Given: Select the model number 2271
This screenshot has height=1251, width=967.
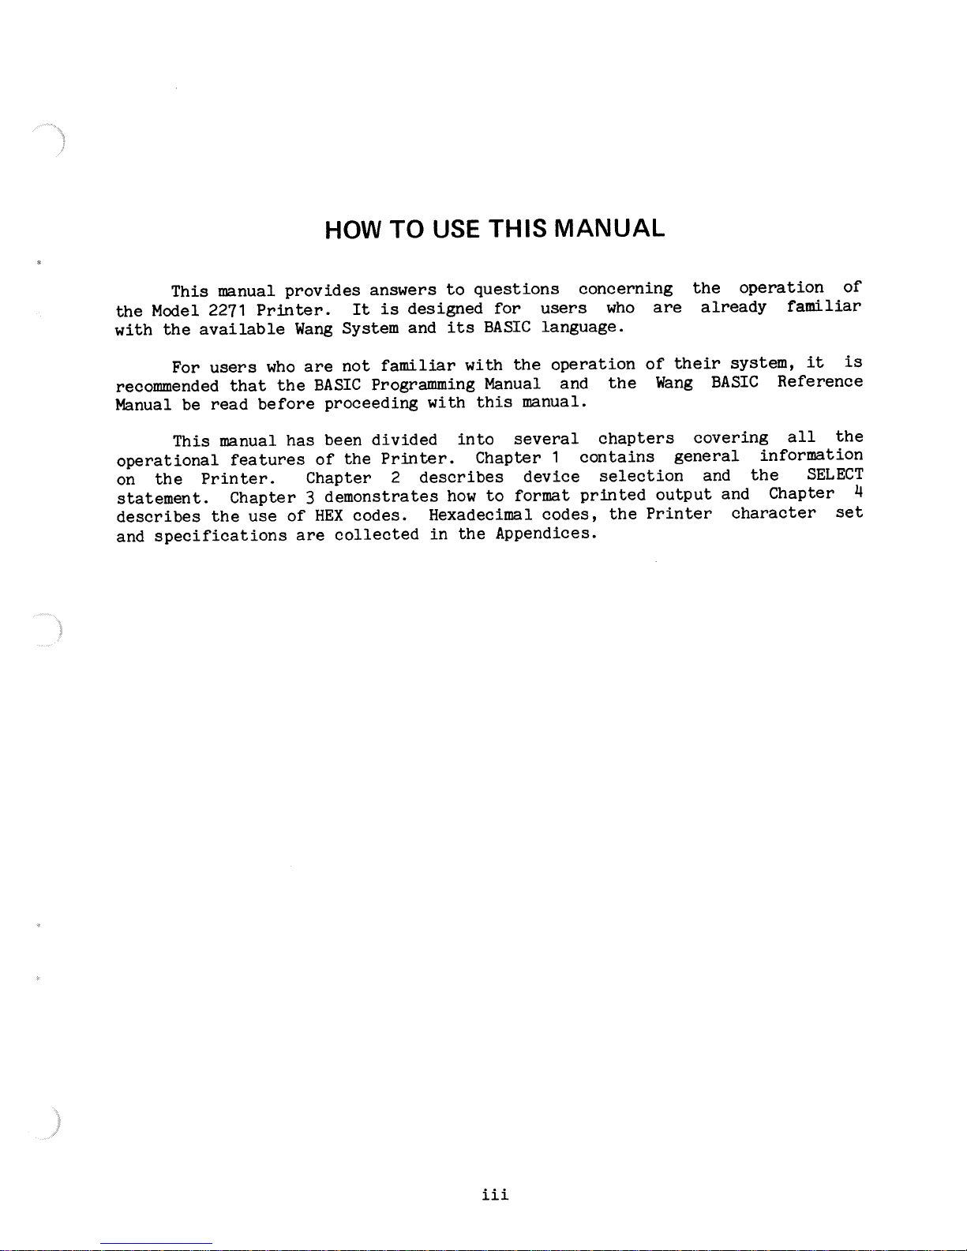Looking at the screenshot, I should [227, 309].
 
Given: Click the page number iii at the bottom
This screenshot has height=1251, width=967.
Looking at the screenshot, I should [495, 1194].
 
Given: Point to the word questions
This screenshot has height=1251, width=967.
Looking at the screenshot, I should [516, 290].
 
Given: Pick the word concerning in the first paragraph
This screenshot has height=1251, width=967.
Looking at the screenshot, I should [625, 289].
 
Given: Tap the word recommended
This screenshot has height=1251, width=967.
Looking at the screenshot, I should [167, 387].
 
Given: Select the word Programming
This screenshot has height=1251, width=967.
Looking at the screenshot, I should [423, 385].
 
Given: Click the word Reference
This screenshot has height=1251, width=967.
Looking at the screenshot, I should [819, 382].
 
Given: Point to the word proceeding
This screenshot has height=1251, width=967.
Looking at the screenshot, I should [371, 404].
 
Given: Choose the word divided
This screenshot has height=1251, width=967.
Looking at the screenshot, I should [404, 440].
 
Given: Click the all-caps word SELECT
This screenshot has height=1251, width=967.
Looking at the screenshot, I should [834, 474].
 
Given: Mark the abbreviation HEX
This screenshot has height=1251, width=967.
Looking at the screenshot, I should [328, 516].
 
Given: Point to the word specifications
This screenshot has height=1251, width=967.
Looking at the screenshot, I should [220, 536].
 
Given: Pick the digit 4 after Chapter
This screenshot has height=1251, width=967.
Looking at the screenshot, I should [857, 493].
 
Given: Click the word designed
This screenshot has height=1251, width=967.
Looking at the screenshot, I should [444, 309].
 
